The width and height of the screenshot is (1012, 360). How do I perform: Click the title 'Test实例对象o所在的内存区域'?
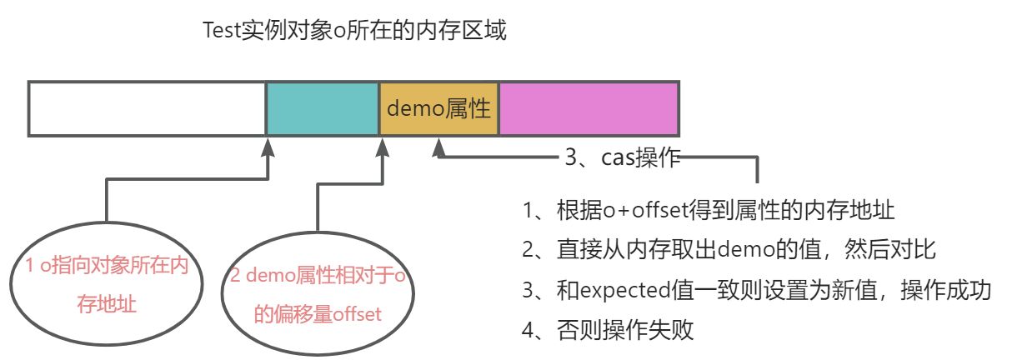(x=355, y=32)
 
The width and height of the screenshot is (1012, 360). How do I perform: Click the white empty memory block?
(x=147, y=108)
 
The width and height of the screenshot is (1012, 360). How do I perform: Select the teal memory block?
(x=323, y=108)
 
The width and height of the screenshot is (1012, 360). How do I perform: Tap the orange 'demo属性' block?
(x=438, y=108)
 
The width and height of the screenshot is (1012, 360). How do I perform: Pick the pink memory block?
(x=589, y=108)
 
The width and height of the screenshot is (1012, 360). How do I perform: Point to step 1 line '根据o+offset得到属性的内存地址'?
(x=709, y=210)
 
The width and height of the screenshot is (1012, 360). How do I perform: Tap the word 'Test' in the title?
(x=223, y=32)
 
